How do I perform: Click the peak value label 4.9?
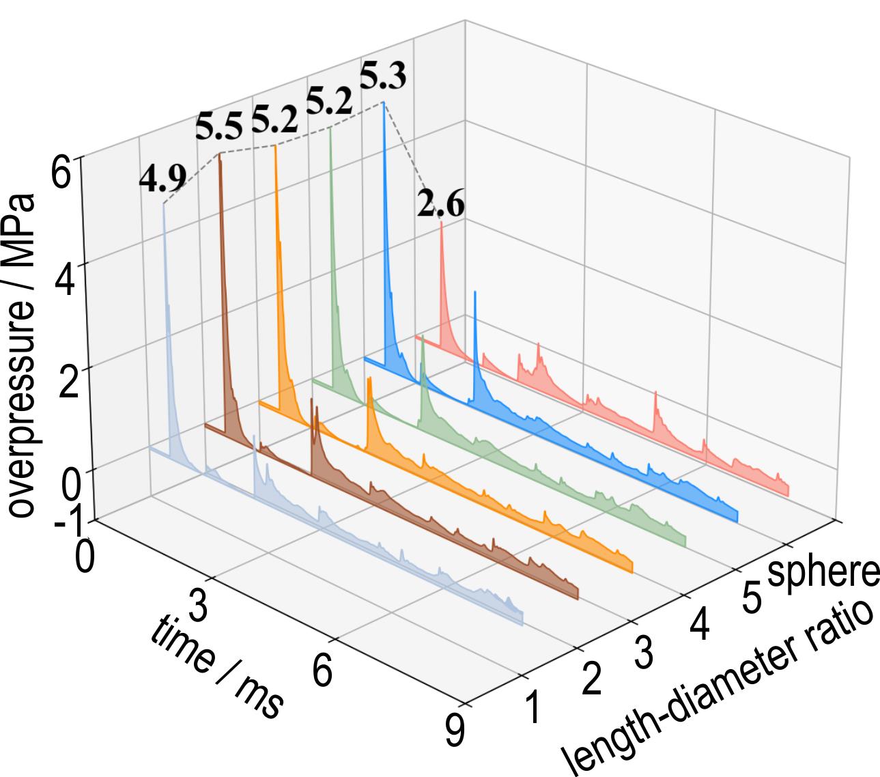(162, 179)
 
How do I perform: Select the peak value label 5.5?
(218, 128)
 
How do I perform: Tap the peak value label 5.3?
(382, 76)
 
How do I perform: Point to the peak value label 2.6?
(440, 204)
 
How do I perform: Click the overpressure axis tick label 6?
(61, 173)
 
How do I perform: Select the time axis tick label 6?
(322, 670)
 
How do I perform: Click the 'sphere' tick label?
(823, 572)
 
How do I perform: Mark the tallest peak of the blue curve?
(383, 103)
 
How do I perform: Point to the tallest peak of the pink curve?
(441, 223)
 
